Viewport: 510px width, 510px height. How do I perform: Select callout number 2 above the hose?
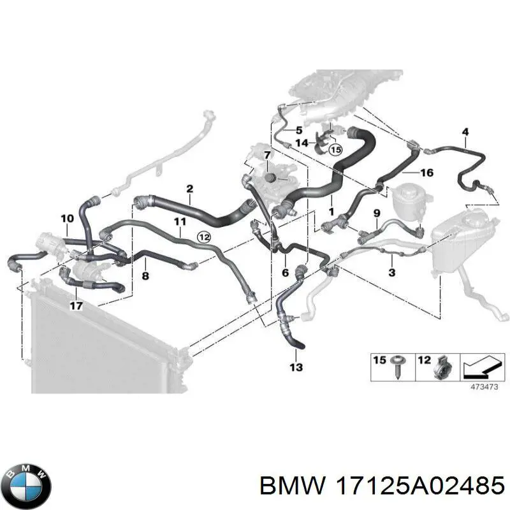point(189,189)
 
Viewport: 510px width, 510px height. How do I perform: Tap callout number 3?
point(391,272)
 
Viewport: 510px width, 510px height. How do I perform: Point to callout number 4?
point(465,133)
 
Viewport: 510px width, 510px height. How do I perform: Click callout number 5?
point(298,130)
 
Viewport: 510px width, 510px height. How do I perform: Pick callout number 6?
point(285,272)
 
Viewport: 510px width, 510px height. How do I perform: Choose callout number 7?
point(249,156)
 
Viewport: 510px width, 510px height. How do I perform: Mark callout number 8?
point(145,276)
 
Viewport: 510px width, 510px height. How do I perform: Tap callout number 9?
point(376,212)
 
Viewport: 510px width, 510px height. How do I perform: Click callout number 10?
point(67,219)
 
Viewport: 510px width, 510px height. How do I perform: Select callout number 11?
point(180,222)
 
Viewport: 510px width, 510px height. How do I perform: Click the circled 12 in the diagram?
point(203,237)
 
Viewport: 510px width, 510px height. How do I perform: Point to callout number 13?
point(296,367)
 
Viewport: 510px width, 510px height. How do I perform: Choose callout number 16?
point(426,173)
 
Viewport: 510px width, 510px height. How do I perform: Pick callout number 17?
point(76,305)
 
